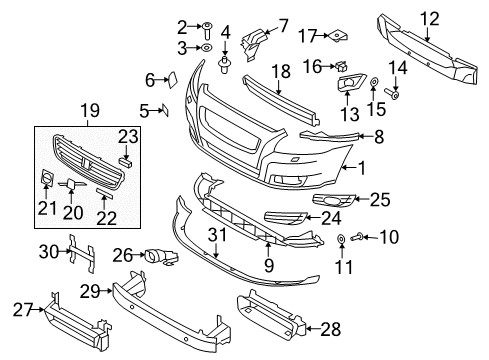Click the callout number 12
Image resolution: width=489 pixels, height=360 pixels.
[x=428, y=17]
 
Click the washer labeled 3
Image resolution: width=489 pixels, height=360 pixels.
[x=204, y=47]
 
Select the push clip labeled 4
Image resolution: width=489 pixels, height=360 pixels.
[x=225, y=67]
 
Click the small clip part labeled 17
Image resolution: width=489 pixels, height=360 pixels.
[x=338, y=36]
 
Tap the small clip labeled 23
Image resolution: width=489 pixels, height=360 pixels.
[x=125, y=161]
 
